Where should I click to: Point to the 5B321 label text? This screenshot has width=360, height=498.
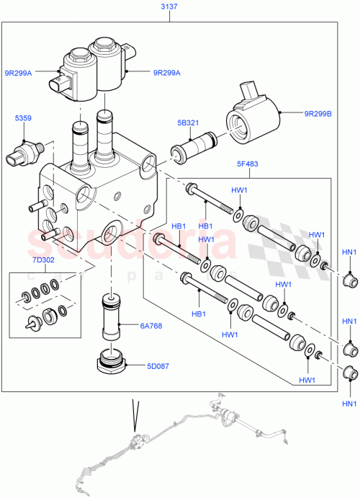pyautogui.click(x=189, y=123)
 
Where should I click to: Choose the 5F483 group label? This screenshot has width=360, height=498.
pyautogui.click(x=248, y=164)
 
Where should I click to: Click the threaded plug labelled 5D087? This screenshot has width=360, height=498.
pyautogui.click(x=111, y=360)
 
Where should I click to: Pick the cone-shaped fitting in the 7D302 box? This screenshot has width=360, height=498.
pyautogui.click(x=32, y=324)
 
